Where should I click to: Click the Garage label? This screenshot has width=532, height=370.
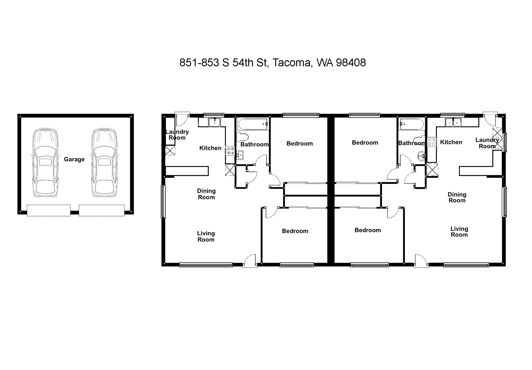pos(74,159)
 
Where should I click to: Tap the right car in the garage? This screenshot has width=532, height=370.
pos(104,163)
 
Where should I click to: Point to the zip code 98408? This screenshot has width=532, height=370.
pos(351,63)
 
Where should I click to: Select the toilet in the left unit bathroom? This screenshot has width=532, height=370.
pos(242,137)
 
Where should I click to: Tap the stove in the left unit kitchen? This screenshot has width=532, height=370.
pos(230,151)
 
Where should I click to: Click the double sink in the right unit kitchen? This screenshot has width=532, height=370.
pos(453,122)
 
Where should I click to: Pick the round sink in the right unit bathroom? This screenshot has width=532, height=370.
pos(421,156)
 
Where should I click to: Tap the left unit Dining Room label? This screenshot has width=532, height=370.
pos(206,194)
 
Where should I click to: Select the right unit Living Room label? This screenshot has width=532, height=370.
pos(459,232)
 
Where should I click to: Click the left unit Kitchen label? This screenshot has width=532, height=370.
pos(210,148)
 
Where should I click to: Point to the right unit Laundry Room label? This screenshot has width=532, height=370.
pos(487,143)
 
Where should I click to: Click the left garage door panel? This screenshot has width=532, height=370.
pos(49,210)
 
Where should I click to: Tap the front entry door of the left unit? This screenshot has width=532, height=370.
pos(250,261)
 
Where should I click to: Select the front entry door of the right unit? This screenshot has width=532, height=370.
pos(421,261)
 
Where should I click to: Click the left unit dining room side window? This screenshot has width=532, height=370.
pos(163,201)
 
